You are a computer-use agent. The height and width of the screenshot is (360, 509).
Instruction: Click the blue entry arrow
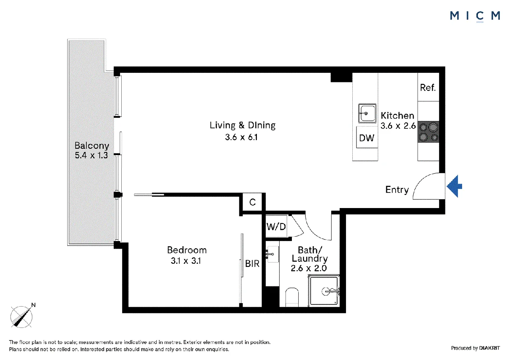pos(455,186)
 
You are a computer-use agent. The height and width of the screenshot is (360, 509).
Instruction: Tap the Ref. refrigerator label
pos(428,88)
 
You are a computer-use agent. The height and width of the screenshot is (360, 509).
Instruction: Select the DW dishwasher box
pos(367,138)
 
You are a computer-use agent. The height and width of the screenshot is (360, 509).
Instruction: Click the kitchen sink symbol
pos(367,113)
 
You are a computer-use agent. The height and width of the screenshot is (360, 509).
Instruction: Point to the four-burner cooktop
pos(428,132)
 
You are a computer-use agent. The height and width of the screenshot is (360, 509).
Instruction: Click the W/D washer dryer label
pos(276,227)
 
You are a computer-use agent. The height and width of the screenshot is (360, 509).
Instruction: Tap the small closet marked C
pos(253,202)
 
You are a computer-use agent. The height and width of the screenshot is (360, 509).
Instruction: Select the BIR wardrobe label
pos(252,264)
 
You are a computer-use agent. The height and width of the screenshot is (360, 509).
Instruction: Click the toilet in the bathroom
pos(292,297)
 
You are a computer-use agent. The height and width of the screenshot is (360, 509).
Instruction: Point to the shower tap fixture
pos(331,291)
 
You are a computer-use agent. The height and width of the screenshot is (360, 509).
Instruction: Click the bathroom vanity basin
pos(272,254)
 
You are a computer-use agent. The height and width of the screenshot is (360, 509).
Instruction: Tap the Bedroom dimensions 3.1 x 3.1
pos(186,261)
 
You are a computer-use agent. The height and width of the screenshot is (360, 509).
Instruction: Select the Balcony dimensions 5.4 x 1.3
pos(91,156)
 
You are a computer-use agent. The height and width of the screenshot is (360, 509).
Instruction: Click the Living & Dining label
pos(243,125)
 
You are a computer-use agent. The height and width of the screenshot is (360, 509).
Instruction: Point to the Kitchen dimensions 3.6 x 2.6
pos(398,126)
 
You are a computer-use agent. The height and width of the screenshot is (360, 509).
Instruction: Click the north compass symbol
pos(21,316)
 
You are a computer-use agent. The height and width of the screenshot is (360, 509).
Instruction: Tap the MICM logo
pos(475,16)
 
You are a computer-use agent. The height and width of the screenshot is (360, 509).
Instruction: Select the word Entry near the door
pos(397,189)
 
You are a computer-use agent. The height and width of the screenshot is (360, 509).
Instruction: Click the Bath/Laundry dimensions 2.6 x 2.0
pos(309,268)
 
